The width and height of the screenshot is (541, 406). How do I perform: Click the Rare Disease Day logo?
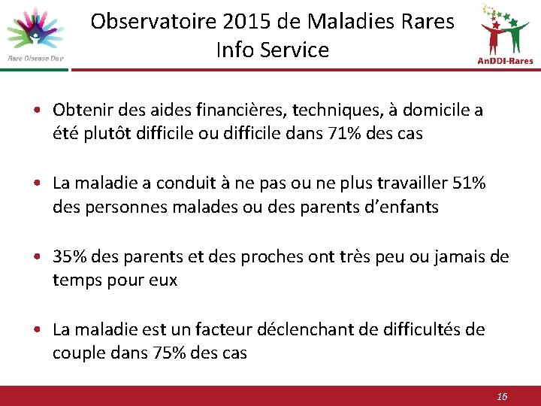pyautogui.click(x=35, y=34)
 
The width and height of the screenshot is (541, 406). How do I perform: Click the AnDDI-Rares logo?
pyautogui.click(x=505, y=34)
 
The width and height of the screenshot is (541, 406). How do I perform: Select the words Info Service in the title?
pyautogui.click(x=272, y=50)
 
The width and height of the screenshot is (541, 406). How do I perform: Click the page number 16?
pyautogui.click(x=503, y=396)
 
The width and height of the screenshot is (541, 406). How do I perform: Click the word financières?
pyautogui.click(x=231, y=111)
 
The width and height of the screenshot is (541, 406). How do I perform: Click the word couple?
pyautogui.click(x=77, y=353)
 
